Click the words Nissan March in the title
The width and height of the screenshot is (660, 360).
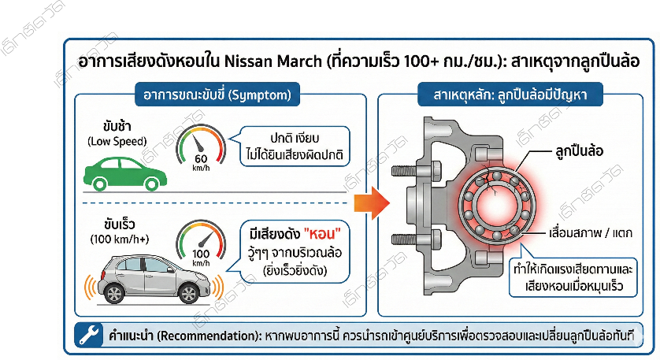(272, 61)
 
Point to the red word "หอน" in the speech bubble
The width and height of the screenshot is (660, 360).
(323, 234)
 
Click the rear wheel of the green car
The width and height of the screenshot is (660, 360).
(100, 184)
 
